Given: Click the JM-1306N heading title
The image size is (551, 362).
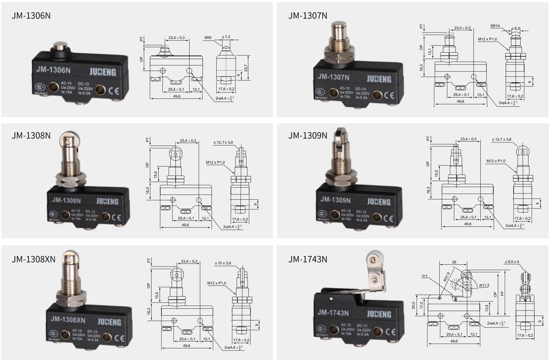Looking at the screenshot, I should [x=31, y=16].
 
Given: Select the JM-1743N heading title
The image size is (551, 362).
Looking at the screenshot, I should [x=307, y=259].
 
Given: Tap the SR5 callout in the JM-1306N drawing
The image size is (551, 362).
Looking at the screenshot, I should [x=208, y=38].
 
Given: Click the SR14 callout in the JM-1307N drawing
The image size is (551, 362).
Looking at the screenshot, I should [x=495, y=26].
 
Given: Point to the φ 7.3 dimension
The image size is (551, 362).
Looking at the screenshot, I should [x=226, y=37].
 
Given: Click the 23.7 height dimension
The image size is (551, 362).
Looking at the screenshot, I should [x=246, y=68].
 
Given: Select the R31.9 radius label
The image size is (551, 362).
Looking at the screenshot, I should [x=447, y=276].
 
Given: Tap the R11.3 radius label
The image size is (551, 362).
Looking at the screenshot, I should [x=484, y=286].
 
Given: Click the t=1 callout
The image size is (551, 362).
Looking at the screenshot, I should [x=425, y=276].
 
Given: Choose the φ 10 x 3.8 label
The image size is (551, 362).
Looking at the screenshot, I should [x=223, y=263].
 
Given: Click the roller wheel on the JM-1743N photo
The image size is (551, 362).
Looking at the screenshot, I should [x=373, y=259].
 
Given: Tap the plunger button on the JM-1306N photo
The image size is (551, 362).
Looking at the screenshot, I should [x=60, y=48].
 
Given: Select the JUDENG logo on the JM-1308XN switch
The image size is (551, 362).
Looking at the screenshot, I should [x=109, y=322].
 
